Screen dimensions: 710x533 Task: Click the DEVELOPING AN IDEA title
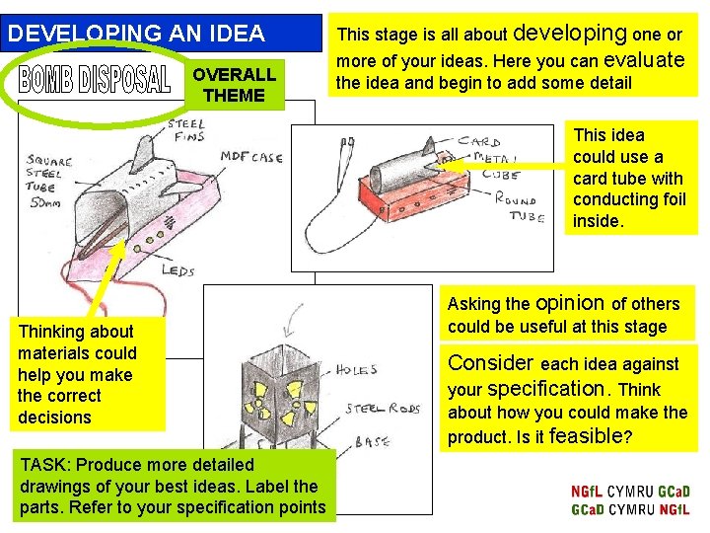136,34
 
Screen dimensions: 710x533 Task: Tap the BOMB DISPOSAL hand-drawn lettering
95,81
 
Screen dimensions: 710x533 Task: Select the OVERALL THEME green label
234,86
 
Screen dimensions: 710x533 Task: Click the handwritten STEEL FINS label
186,130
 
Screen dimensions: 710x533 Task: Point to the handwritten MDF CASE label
251,157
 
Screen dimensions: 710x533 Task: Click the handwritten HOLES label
355,370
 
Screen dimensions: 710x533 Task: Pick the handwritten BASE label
372,442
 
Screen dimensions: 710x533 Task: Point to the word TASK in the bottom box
41,465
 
